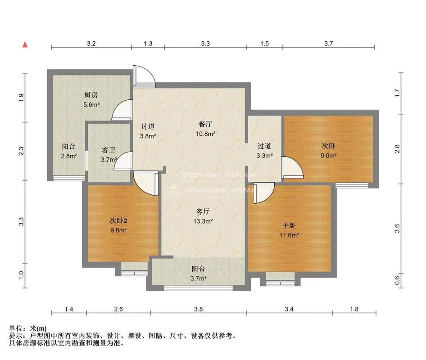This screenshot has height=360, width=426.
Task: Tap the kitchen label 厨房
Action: [91, 95]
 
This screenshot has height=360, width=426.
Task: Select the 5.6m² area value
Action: [91, 104]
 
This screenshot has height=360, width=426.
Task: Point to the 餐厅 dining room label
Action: [205, 125]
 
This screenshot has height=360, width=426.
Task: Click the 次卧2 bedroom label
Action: [119, 220]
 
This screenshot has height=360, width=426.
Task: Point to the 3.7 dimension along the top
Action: [328, 44]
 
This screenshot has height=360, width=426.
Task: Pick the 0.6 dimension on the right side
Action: [397, 280]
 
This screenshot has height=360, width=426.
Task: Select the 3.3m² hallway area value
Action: [264, 156]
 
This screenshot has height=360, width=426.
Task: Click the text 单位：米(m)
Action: [27, 328]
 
